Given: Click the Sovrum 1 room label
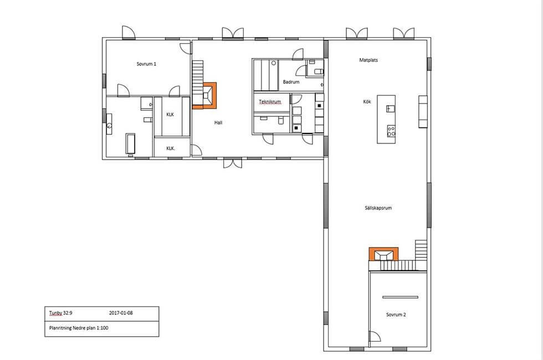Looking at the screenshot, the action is click(x=146, y=64).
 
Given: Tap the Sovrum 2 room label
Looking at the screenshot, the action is click(x=396, y=315).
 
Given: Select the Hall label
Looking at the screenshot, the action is click(x=218, y=122).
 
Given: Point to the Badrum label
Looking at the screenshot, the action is click(x=291, y=82).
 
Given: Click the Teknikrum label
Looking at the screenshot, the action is click(x=270, y=102).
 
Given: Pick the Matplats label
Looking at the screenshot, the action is click(x=368, y=60).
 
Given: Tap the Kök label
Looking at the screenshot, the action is click(x=367, y=102).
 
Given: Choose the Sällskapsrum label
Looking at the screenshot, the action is click(x=378, y=208).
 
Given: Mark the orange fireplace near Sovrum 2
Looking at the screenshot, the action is click(x=383, y=254).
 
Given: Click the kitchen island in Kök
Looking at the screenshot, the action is click(x=386, y=119).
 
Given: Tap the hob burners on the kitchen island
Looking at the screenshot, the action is click(x=391, y=131).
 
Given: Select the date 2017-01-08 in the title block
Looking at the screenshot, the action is click(x=121, y=313).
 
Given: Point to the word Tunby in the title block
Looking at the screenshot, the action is click(x=55, y=313).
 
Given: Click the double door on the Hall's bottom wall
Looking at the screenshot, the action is click(x=233, y=163).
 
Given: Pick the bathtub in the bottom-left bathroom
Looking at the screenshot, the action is click(x=130, y=143).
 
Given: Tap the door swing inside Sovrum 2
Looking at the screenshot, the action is click(x=375, y=336).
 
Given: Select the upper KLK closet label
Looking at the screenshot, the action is click(x=170, y=115).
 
